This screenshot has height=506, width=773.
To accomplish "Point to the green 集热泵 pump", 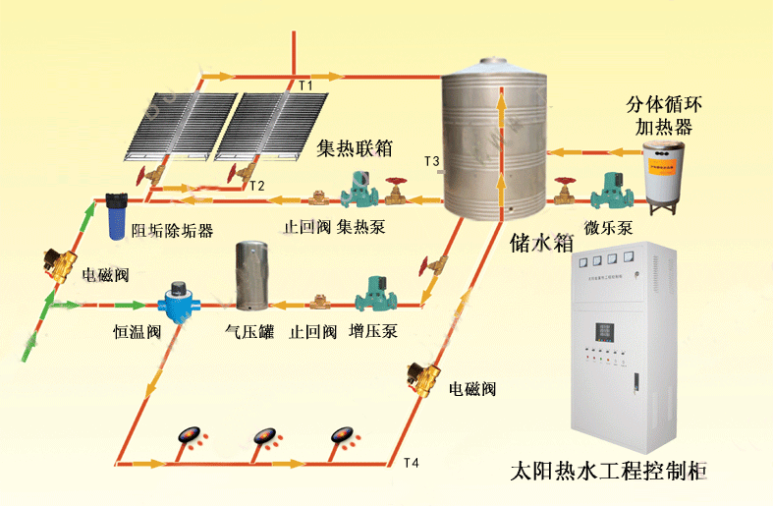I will point(353,191).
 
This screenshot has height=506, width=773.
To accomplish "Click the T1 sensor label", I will point(305,86).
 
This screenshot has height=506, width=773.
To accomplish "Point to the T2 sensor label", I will point(256,186).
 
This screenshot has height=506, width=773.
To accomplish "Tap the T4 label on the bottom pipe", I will point(411,463).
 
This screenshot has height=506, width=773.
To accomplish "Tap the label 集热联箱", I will point(355,149).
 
